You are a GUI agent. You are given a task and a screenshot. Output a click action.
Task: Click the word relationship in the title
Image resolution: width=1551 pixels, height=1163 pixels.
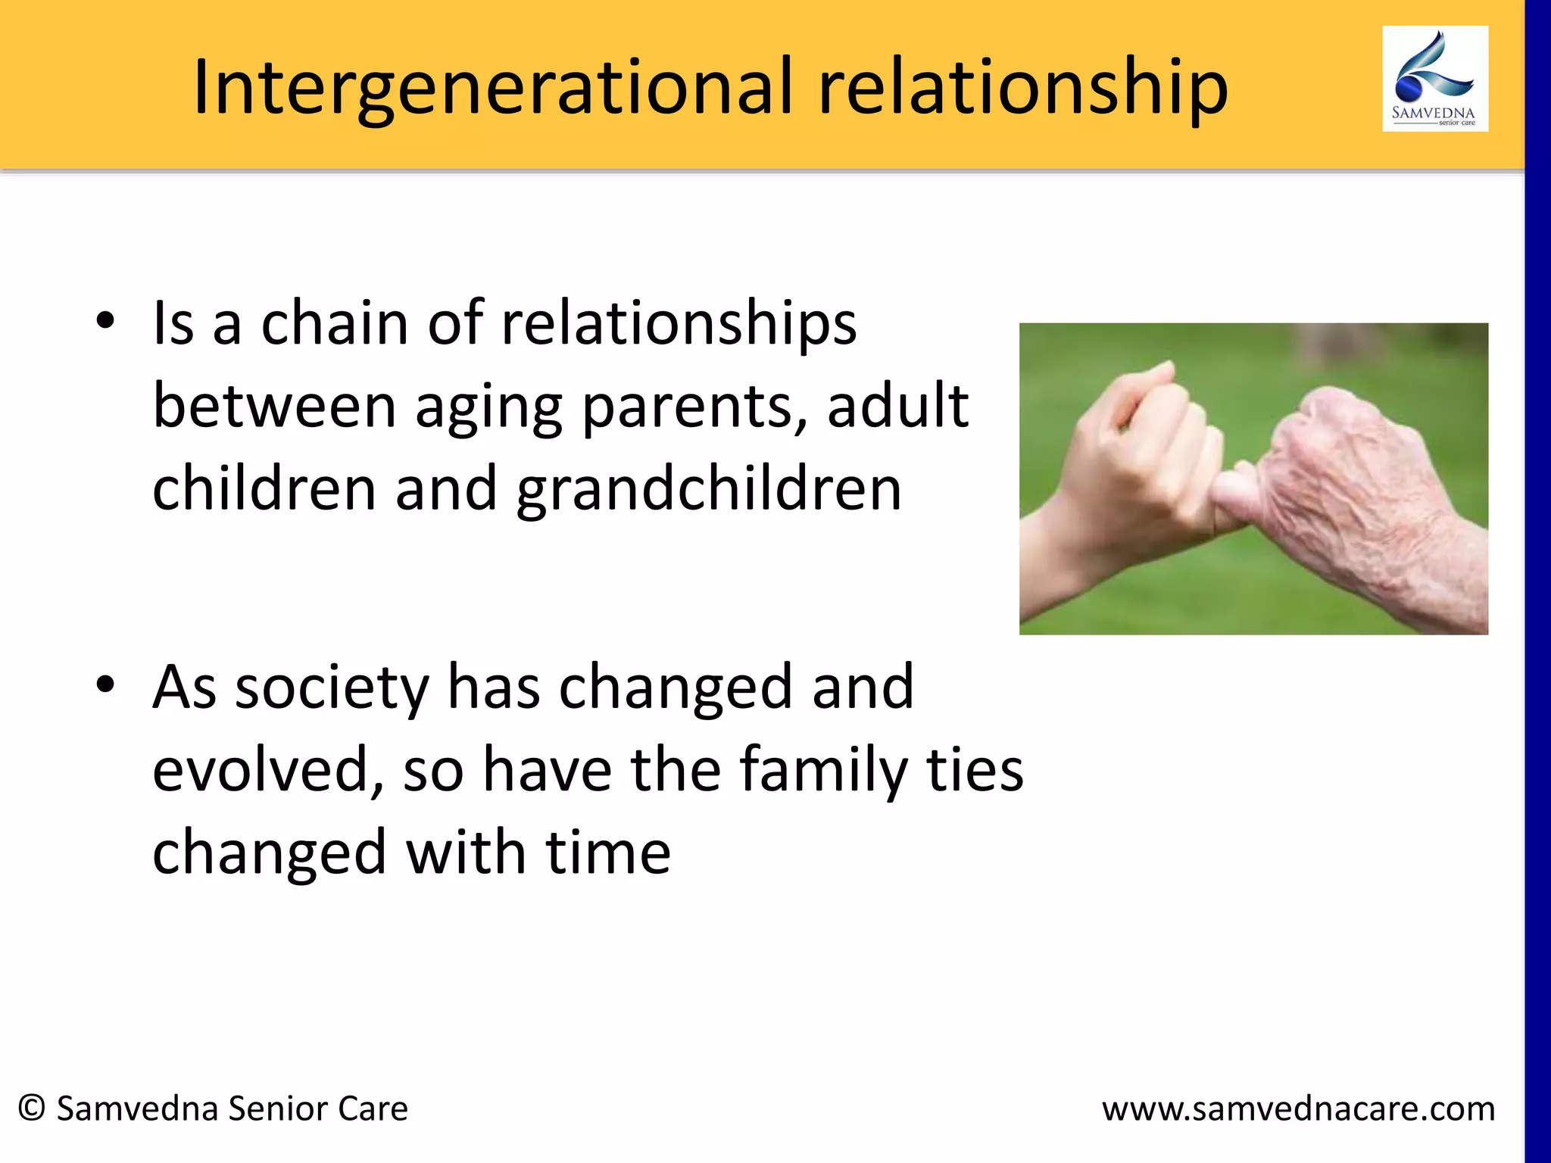(x=1022, y=88)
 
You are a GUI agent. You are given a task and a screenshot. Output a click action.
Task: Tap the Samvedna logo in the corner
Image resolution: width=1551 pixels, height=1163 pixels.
(x=1434, y=79)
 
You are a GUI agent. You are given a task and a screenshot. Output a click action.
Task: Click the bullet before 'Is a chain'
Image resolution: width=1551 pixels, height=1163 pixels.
(x=105, y=320)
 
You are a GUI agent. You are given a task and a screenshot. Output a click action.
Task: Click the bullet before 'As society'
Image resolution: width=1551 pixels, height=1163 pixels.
(x=105, y=684)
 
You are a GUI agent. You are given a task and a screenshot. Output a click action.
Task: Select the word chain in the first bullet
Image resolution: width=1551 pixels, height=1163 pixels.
(x=334, y=323)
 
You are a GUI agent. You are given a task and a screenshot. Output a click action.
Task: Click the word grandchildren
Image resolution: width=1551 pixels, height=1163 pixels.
(x=709, y=489)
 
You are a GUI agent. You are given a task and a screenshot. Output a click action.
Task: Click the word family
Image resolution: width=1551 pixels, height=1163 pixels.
(x=823, y=771)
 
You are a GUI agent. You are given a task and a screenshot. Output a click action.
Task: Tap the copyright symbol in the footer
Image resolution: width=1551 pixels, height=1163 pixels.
(x=32, y=1108)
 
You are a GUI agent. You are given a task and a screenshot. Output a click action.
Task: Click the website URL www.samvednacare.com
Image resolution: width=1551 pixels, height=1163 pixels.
(x=1298, y=1109)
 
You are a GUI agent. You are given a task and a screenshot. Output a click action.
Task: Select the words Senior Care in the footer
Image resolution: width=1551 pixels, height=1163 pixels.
(x=318, y=1108)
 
